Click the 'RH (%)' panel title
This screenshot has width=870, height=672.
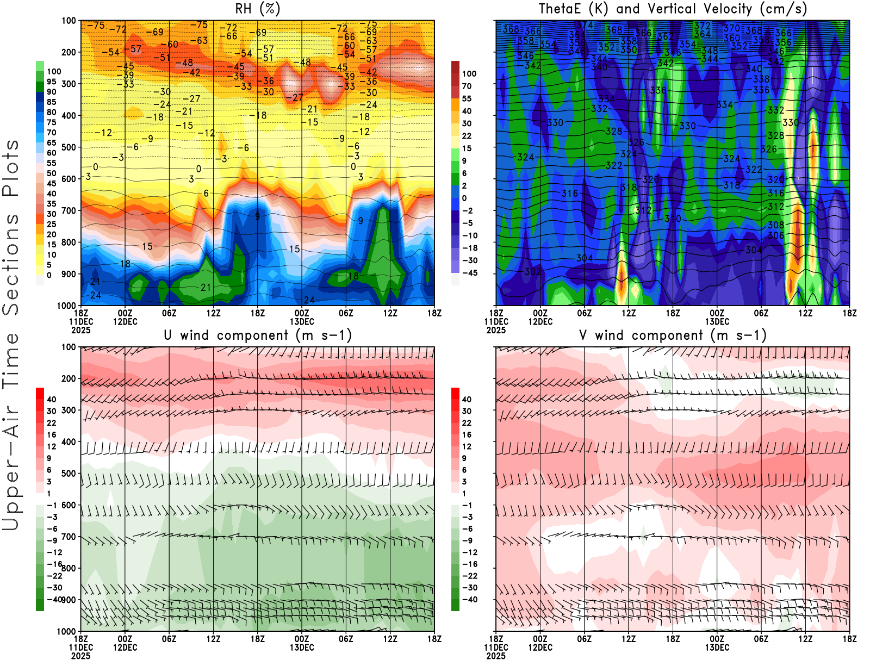coord(257,9)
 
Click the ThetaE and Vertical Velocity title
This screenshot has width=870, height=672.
coord(673,9)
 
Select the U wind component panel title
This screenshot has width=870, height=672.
coord(257,335)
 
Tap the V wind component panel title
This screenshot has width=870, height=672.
coord(673,335)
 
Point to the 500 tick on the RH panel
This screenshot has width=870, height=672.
coord(69,147)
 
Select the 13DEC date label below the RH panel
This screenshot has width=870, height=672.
coord(302,321)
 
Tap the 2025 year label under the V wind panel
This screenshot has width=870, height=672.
coord(496,656)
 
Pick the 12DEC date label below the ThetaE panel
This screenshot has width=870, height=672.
coord(540,321)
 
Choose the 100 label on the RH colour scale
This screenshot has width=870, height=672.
coord(54,71)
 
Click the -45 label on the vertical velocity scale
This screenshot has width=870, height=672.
coord(470,273)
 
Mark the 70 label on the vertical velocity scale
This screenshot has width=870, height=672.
coord(467,86)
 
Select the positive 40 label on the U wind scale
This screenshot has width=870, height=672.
coord(51,399)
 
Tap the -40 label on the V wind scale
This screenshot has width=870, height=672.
coord(470,600)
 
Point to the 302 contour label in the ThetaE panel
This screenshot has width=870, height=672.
coord(533,271)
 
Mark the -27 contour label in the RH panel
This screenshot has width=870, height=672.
coord(297,98)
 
